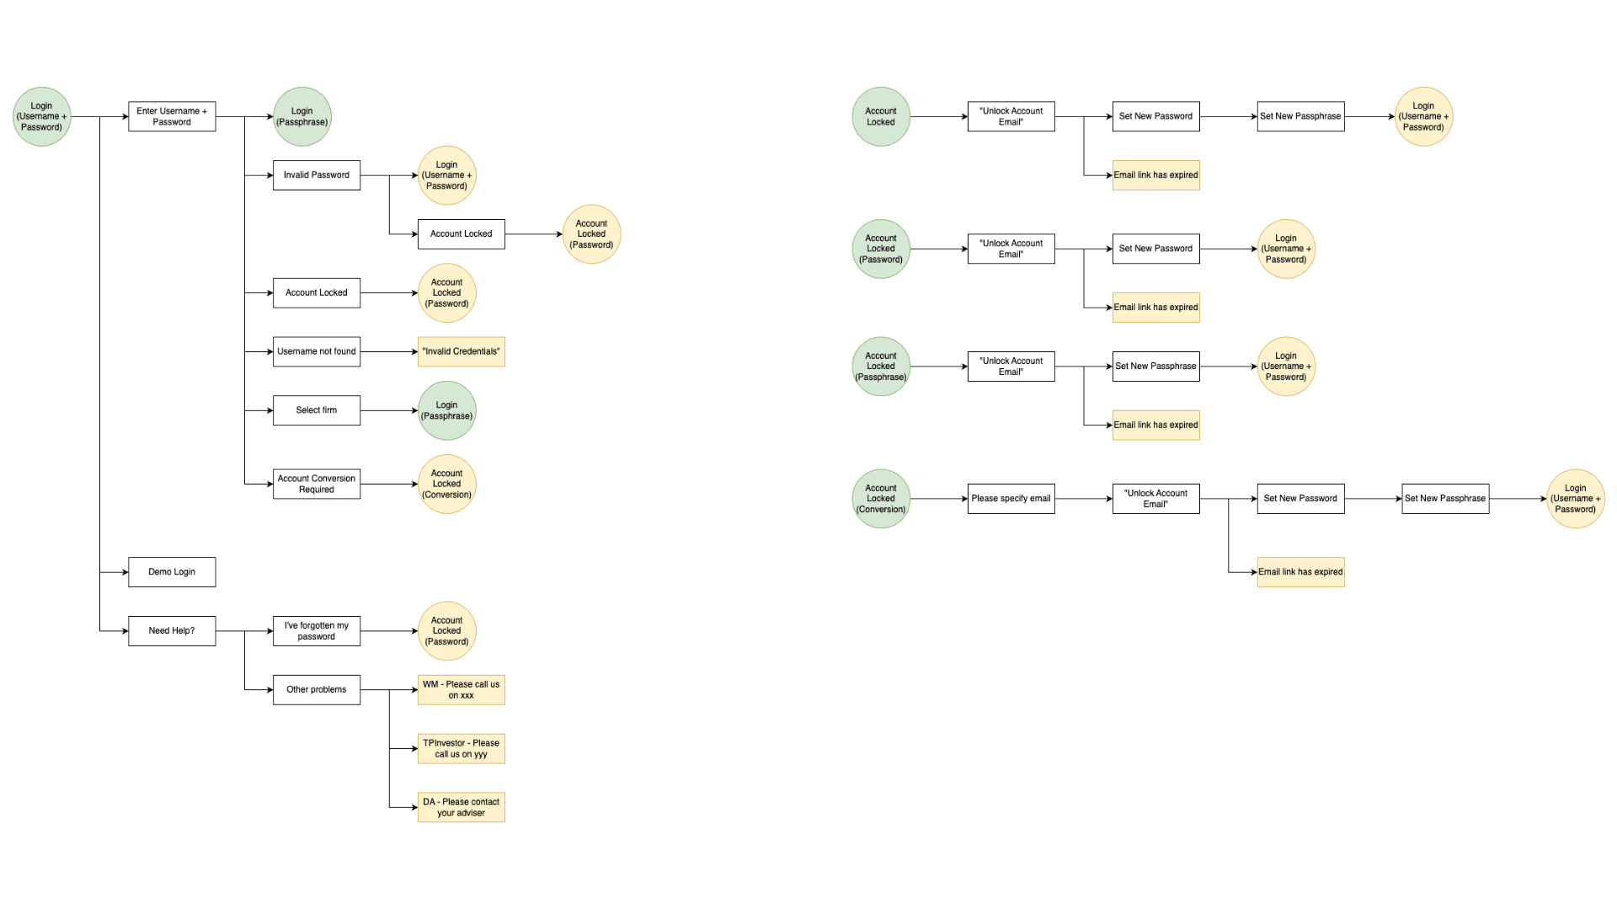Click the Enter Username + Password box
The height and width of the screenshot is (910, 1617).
tap(172, 116)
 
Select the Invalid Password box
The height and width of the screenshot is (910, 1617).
tap(317, 175)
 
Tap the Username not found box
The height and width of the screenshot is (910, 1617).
tap(317, 351)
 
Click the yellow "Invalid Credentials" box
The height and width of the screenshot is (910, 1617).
tap(461, 351)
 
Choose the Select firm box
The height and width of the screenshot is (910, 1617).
tap(317, 410)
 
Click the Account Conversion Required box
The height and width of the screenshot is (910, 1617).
tap(317, 484)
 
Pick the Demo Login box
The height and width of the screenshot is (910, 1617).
tap(172, 572)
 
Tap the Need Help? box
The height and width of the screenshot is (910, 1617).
tap(172, 631)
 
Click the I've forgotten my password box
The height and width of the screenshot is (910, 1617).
tap(317, 631)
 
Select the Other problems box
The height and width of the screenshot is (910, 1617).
tap(317, 690)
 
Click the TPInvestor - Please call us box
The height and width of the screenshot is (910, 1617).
tap(461, 748)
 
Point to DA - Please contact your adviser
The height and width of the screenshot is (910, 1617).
tap(461, 807)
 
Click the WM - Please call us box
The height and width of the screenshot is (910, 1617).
tap(461, 690)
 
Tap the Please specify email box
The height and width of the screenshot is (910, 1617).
tap(1011, 499)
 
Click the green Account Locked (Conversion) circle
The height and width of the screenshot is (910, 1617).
tap(881, 499)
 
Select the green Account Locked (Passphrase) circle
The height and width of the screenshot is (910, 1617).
tap(881, 367)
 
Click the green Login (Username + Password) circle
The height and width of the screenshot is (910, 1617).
tap(41, 116)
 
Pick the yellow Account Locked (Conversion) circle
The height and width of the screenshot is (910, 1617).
tap(446, 484)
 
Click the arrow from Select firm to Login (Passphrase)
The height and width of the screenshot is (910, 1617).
tap(389, 410)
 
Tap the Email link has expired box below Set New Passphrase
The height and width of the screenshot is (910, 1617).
tap(1155, 426)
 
